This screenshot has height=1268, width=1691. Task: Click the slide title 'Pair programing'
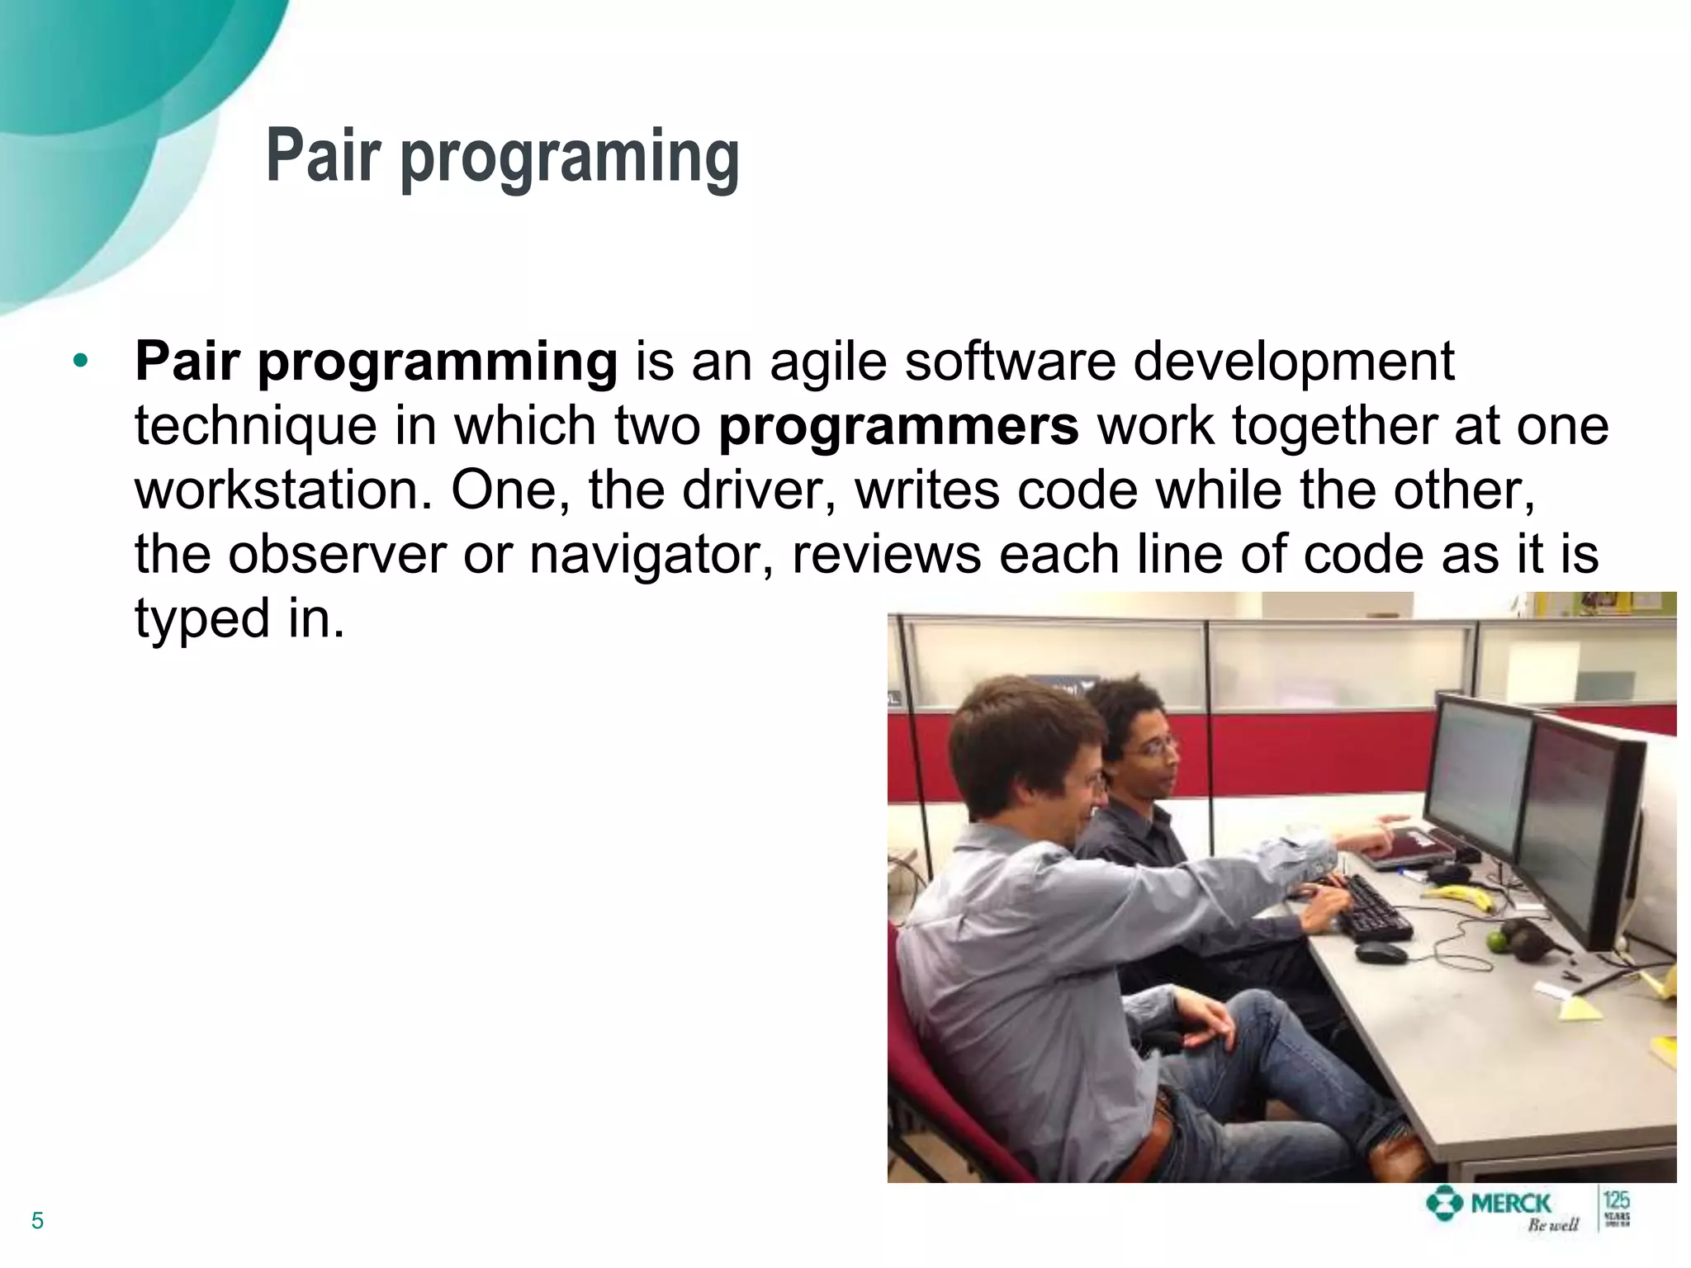(502, 157)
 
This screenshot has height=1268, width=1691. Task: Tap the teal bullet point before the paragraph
(80, 361)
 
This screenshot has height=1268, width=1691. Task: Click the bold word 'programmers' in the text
(898, 426)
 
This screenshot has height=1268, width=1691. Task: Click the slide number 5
(37, 1221)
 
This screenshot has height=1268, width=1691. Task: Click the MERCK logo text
(1510, 1204)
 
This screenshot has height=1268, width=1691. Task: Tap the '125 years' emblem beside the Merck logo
(1616, 1209)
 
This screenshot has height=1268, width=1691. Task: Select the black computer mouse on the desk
(1381, 953)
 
